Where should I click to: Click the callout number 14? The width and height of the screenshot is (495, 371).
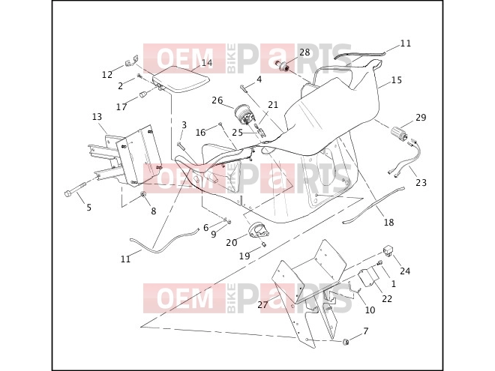point(207,63)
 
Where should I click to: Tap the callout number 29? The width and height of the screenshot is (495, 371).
point(421,118)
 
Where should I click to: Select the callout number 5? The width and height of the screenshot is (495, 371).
point(89,208)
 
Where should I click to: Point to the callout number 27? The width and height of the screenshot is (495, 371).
point(262,305)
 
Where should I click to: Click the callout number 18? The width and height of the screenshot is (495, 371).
point(389,223)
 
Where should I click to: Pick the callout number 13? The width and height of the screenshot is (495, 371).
point(97,117)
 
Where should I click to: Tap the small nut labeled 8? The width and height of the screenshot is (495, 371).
point(142,195)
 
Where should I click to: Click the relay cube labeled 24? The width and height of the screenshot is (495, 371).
point(388,251)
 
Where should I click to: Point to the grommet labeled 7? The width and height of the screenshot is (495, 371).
point(346,342)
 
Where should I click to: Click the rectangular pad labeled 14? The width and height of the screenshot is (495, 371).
point(181,79)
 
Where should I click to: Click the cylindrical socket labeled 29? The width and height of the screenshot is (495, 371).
point(399,133)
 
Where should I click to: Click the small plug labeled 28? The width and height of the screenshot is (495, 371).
point(283,67)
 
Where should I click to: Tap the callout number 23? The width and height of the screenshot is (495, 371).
point(421,182)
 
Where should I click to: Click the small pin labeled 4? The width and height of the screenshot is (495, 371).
point(244,88)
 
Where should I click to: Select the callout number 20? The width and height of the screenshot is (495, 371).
point(232,243)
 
